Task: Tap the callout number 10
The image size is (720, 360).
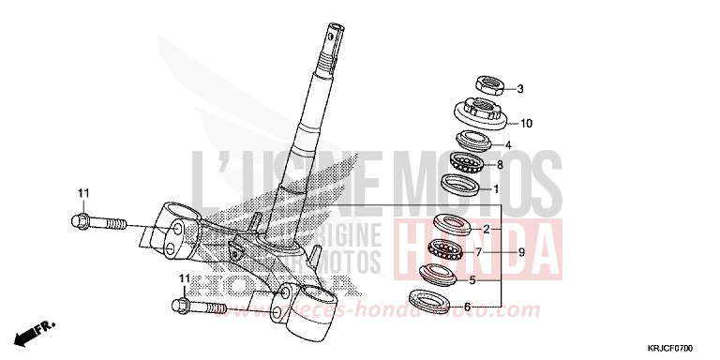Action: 526,123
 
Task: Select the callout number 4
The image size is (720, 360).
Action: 508,145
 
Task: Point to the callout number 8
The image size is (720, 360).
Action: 501,166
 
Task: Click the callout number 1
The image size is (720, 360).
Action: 496,188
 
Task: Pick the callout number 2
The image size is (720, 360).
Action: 487,229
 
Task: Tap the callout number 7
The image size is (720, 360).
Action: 478,252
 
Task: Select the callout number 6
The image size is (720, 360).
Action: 468,307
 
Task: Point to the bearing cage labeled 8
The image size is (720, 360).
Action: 466,161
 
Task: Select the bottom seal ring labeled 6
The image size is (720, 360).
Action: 429,302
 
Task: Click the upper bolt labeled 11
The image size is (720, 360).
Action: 95,222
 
